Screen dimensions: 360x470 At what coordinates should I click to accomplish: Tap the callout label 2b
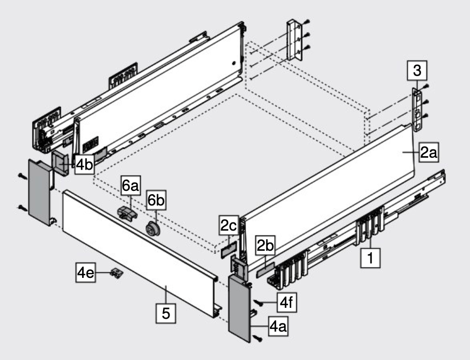[x=265, y=246]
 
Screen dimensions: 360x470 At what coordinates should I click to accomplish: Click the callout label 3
[x=416, y=71]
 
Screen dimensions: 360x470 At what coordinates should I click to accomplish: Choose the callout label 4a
[x=277, y=327]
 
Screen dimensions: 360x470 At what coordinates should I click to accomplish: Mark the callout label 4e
[x=85, y=274]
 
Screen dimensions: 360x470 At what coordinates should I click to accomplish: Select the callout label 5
[x=166, y=313]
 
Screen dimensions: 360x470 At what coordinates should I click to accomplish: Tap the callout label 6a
[x=130, y=186]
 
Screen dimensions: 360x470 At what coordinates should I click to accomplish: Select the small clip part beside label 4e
[x=116, y=272]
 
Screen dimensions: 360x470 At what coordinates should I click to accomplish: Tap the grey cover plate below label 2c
[x=228, y=250]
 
